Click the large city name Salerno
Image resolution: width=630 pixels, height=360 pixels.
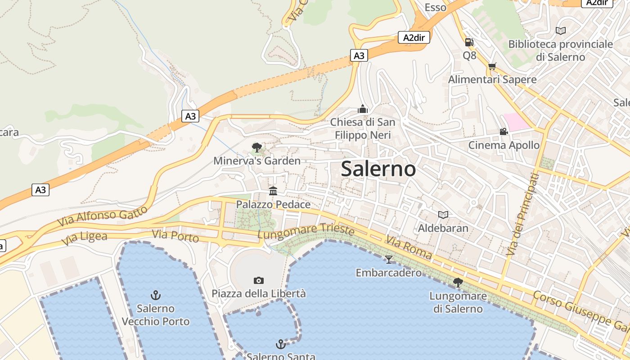tap(378, 169)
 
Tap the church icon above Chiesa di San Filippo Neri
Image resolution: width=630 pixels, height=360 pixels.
tap(363, 109)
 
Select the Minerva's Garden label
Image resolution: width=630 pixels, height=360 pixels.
tap(257, 161)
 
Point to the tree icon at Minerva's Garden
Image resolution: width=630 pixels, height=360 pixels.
tap(256, 147)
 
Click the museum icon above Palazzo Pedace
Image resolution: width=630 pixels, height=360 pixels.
tap(273, 191)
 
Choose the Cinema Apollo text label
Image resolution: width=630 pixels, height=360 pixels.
tap(504, 145)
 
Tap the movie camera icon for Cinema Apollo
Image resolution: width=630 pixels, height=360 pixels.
tap(504, 131)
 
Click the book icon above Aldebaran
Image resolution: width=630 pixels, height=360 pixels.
tap(443, 215)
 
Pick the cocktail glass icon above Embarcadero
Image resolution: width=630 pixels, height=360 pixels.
tap(389, 259)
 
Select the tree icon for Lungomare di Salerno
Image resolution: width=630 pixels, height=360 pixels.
tap(458, 282)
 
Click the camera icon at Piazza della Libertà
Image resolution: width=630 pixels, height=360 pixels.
tap(259, 280)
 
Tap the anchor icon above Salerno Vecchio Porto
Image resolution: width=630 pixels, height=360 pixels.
tap(155, 295)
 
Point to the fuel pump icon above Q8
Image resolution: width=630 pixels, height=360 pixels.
tap(469, 42)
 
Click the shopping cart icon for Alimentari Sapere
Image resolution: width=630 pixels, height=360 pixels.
tap(492, 66)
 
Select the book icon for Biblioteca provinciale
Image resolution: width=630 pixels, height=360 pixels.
tap(560, 31)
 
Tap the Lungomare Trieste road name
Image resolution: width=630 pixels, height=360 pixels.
tap(306, 231)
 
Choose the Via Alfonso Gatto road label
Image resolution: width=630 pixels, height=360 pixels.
tap(103, 216)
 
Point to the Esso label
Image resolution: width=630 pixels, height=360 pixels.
tap(436, 7)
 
